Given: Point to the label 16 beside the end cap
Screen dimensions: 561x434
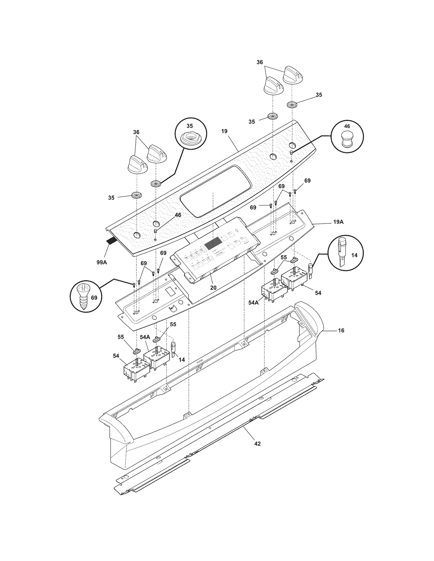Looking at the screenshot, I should (x=341, y=330).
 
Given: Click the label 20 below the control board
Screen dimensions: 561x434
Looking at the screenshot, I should (x=213, y=288).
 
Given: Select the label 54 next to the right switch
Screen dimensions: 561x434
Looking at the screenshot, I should (x=318, y=293).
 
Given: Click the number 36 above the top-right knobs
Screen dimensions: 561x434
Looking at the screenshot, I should (x=260, y=62).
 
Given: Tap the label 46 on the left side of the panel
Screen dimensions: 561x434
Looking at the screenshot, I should (x=178, y=215).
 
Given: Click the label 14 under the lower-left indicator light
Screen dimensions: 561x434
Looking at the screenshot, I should (x=182, y=360).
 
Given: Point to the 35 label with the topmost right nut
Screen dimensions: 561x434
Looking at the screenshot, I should (x=319, y=95).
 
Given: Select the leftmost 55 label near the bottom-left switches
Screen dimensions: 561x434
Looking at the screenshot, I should (x=121, y=337).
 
